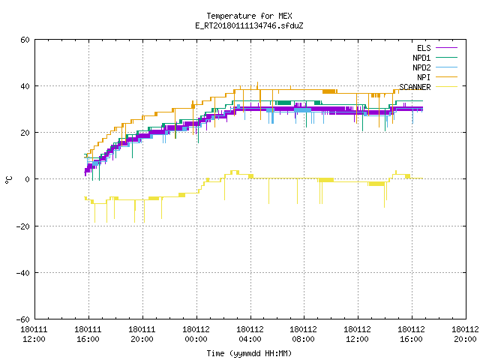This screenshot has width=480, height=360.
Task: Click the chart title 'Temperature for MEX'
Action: (x=249, y=16)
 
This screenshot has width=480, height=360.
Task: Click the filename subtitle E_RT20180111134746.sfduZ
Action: (x=249, y=25)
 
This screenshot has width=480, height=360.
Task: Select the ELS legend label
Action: (x=424, y=48)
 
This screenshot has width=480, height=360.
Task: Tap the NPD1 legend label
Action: (x=421, y=58)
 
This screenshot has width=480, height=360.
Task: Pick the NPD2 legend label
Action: (x=421, y=67)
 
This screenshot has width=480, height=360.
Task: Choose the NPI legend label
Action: (x=424, y=77)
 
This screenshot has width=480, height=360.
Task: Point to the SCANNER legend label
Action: (x=415, y=87)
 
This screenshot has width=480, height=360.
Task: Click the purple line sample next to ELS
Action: (x=446, y=48)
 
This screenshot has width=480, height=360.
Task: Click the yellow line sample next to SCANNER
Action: (x=446, y=87)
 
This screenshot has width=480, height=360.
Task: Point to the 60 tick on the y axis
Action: (x=25, y=40)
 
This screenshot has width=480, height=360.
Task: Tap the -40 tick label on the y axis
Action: (x=23, y=273)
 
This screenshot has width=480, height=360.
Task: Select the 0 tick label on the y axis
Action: (x=28, y=179)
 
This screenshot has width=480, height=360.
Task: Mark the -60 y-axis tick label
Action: (x=23, y=319)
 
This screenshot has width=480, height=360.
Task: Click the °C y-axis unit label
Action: (x=8, y=180)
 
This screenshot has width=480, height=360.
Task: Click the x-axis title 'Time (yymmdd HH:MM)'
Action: (x=249, y=353)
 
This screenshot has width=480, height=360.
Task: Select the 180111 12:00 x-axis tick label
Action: (x=34, y=334)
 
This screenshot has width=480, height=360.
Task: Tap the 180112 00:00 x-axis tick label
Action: (x=196, y=334)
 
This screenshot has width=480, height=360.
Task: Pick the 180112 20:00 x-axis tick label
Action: (x=465, y=334)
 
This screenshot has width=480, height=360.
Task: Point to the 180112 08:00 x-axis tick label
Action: (x=303, y=334)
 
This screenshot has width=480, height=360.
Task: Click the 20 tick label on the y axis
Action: (x=25, y=133)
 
